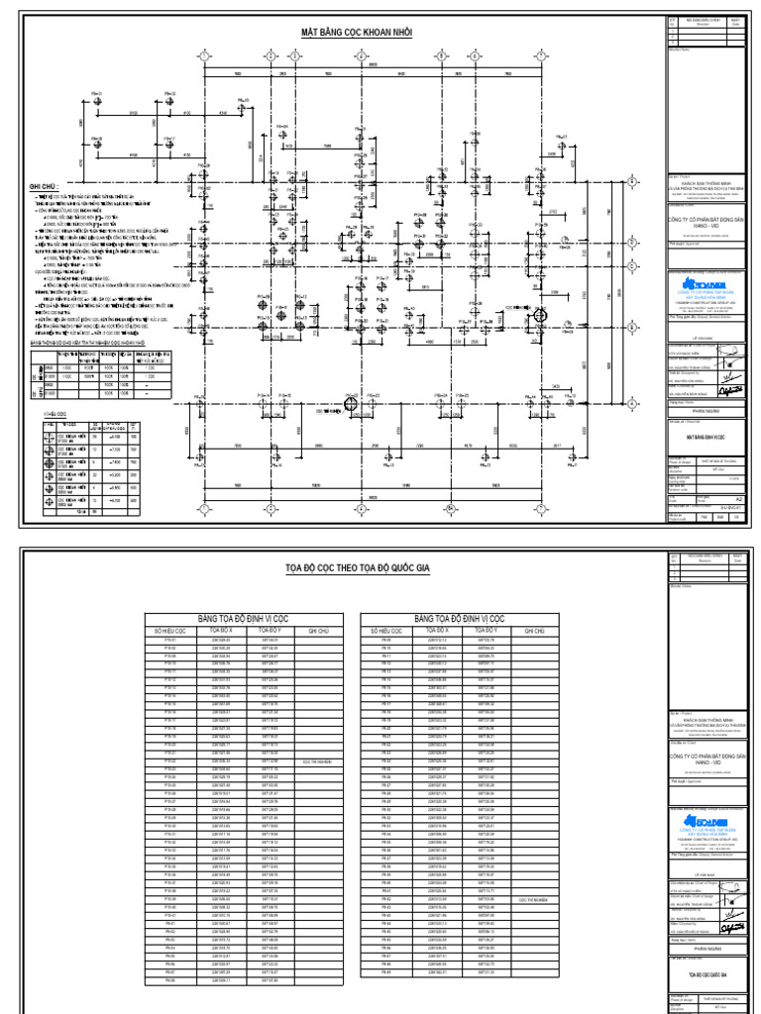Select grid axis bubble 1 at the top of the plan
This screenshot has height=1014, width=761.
tap(205, 55)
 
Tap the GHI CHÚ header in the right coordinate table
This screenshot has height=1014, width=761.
tap(534, 629)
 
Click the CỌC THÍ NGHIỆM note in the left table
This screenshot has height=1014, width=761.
tap(317, 762)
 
